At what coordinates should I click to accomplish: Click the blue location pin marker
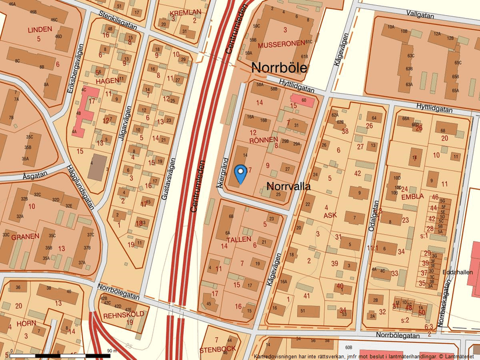point(240,173)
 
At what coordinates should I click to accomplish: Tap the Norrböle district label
point(279,67)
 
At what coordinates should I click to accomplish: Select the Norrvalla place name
point(289,186)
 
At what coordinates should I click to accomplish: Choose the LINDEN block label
point(40,29)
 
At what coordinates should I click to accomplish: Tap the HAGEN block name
point(106,81)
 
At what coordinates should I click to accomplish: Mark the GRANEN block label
point(25,236)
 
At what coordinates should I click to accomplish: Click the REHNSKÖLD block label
point(123,315)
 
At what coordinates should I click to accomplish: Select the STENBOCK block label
point(217,350)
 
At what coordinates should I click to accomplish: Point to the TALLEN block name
point(239,239)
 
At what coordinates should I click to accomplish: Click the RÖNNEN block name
point(265,140)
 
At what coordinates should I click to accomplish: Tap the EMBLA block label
point(413,197)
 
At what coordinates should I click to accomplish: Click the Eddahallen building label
point(458,272)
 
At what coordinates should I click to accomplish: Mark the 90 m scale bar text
point(112,351)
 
